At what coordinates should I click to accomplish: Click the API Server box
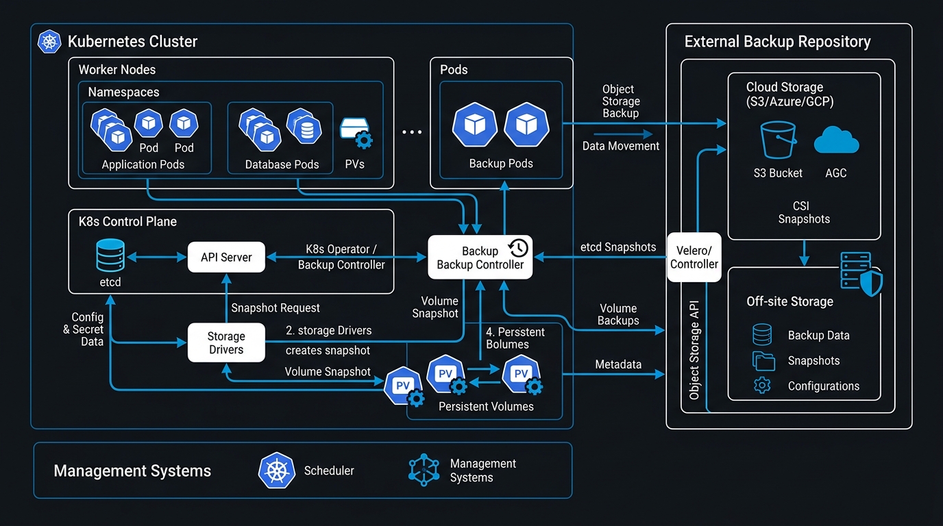[x=226, y=257]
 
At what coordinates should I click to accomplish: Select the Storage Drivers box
[x=226, y=342]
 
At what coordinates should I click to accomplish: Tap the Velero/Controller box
[x=694, y=257]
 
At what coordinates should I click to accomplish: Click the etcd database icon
[x=110, y=255]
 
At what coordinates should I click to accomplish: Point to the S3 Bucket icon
[x=778, y=140]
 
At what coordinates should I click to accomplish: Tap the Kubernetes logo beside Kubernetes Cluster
[x=49, y=41]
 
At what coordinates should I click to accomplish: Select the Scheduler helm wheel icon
[x=277, y=471]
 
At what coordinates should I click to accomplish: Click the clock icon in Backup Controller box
[x=519, y=248]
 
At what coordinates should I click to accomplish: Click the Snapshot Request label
[x=275, y=308]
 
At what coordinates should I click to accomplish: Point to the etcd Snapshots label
[x=618, y=247]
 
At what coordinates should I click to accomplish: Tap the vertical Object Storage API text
[x=694, y=350]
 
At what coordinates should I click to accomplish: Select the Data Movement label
[x=620, y=146]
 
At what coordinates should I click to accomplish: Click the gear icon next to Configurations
[x=762, y=386]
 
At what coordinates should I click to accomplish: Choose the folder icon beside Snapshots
[x=763, y=361]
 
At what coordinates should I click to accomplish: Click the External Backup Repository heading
[x=778, y=42]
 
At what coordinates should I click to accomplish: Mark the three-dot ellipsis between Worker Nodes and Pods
[x=412, y=132]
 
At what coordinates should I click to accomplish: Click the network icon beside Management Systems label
[x=424, y=470]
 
